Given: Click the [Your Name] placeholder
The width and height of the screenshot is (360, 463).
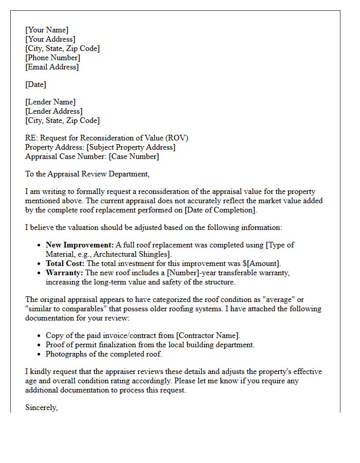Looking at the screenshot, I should (x=47, y=30).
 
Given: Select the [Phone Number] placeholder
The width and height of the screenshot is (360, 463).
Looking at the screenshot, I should (x=52, y=58).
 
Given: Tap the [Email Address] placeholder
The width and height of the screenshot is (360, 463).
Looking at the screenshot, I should (x=52, y=67).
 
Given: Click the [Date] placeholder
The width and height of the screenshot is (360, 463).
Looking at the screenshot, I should (x=35, y=84).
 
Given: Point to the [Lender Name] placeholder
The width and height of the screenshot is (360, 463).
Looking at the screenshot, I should (x=50, y=102).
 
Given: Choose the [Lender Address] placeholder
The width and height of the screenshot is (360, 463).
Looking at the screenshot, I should (x=54, y=111).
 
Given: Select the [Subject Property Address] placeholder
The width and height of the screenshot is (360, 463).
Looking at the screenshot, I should (x=131, y=147).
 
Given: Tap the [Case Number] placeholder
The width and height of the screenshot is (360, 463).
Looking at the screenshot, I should (x=134, y=156).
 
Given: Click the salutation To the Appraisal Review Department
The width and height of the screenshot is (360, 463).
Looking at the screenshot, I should (x=87, y=174).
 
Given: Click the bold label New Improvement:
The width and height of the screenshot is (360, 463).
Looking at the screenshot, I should (x=80, y=245).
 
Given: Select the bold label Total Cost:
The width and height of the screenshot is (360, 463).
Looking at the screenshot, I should (x=65, y=263).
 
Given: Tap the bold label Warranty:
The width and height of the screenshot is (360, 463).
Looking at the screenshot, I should (x=65, y=273).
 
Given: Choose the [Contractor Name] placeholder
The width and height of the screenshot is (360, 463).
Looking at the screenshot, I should (x=207, y=335).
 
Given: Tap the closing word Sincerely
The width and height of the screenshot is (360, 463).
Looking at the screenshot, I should (x=41, y=407).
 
